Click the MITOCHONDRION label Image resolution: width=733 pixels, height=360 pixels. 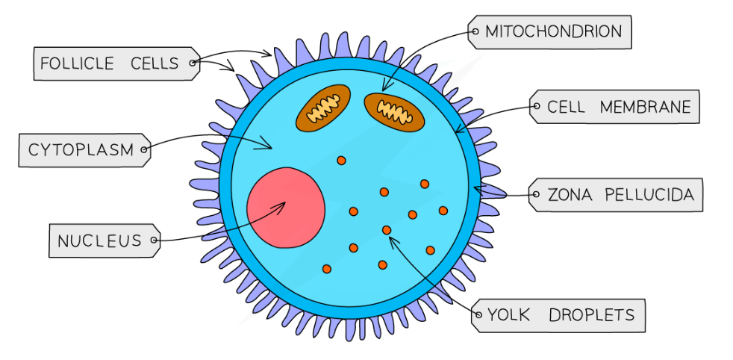pos(553,32)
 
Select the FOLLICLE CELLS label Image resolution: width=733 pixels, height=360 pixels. pos(110,63)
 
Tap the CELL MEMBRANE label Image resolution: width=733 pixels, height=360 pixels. pos(619,108)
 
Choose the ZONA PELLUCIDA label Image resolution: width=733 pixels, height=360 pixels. pos(620,196)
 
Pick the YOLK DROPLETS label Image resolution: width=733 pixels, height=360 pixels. pos(561,316)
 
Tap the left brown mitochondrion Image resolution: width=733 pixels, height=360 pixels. pos(323,108)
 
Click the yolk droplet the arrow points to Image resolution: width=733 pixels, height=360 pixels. pos(387,230)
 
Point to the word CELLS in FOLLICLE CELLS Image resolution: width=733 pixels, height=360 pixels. pos(155,63)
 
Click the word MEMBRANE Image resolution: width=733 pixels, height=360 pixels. pos(646,108)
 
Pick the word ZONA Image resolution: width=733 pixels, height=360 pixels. pos(571,196)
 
